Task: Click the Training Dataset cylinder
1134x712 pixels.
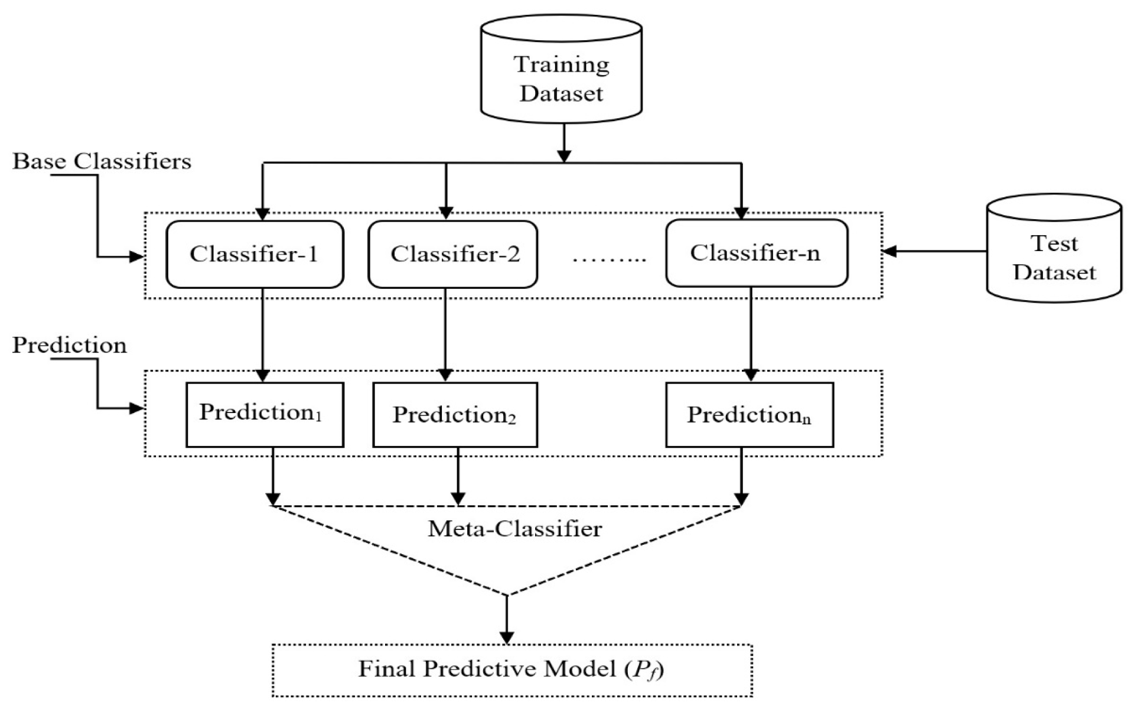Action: tap(561, 69)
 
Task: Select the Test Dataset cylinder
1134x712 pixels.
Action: tap(1054, 248)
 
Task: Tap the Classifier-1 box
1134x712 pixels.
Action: tap(255, 254)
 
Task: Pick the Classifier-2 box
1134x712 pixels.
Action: tap(453, 254)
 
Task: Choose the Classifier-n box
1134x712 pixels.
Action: tap(757, 253)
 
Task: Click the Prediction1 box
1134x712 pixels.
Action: tap(265, 414)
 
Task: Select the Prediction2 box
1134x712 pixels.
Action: tap(455, 414)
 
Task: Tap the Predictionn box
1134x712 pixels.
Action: tap(750, 414)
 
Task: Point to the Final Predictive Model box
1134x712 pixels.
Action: tap(512, 670)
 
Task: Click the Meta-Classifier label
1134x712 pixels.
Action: tap(514, 528)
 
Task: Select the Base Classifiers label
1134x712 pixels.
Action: tap(102, 161)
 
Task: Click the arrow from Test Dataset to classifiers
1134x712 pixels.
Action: tap(934, 252)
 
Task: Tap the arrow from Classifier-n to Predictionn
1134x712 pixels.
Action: tap(750, 334)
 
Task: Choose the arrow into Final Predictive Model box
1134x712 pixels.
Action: tap(507, 619)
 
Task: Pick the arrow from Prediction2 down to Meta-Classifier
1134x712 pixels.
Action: tap(458, 476)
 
